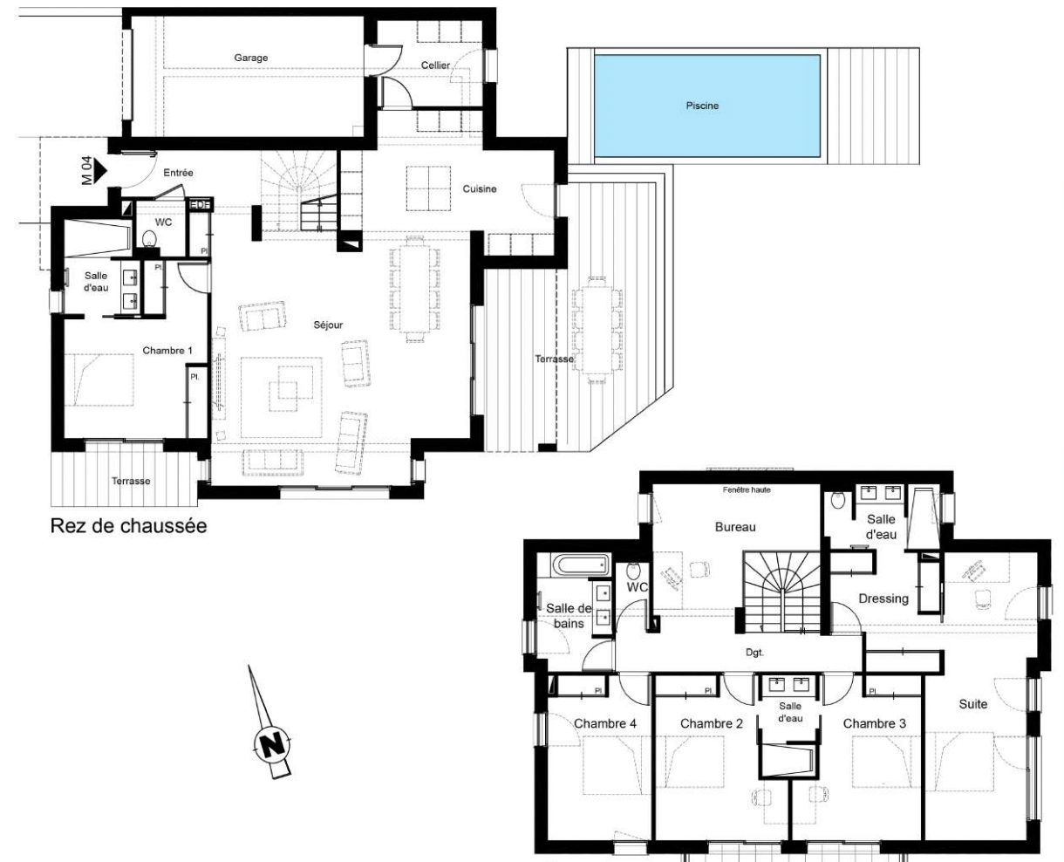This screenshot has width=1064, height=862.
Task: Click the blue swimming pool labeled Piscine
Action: coord(706,106)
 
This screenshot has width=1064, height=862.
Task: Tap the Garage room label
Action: coord(251,58)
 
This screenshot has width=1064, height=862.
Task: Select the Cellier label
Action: coord(435,65)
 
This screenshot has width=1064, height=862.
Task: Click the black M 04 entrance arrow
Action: coord(101,170)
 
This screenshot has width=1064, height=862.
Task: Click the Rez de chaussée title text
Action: coord(128,526)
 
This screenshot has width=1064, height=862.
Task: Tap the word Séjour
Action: coord(328,325)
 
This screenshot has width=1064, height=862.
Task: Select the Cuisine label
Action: coord(480,189)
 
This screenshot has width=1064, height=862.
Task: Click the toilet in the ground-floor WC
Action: coord(148,239)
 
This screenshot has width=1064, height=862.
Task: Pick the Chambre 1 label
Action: coord(167,351)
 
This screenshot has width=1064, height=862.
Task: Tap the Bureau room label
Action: coord(735,527)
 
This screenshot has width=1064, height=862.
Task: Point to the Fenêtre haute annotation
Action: coord(747,490)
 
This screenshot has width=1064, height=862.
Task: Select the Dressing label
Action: coord(883,599)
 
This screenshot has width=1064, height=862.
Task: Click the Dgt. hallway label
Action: coord(754,653)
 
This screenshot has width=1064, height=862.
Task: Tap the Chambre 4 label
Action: coord(605,723)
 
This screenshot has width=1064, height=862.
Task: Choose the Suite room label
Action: coord(973,705)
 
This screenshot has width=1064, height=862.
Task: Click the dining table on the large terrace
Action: coord(597,330)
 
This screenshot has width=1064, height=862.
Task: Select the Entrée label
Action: coord(178,173)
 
